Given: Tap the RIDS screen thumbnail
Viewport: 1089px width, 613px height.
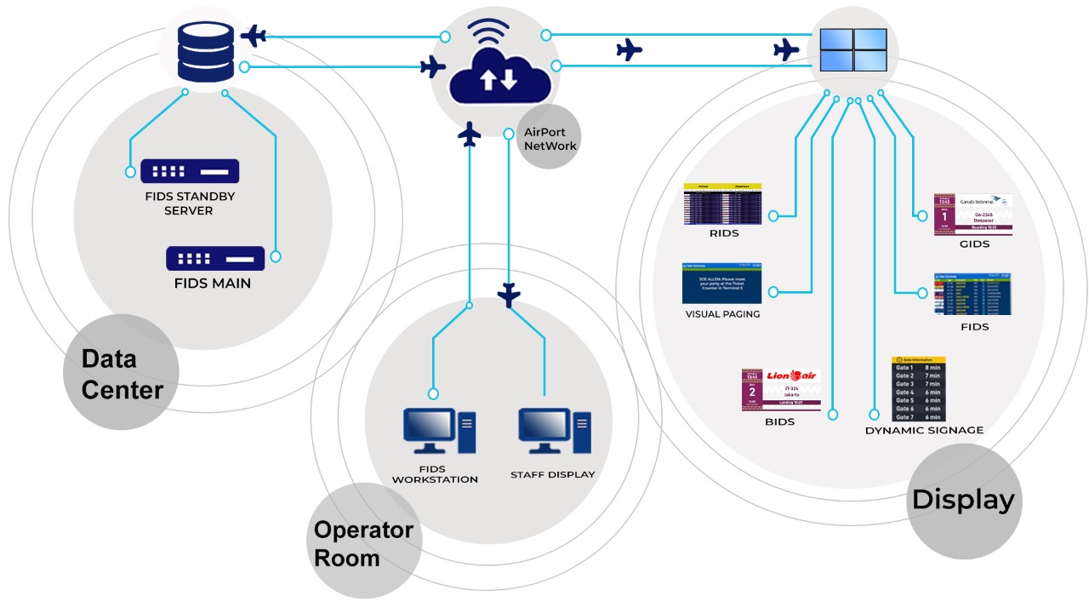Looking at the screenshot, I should pos(722,204).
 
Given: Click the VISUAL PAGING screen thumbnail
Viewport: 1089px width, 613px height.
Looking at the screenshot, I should pos(722,284).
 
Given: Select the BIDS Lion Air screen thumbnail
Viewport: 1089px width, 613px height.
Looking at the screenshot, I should pos(781,390).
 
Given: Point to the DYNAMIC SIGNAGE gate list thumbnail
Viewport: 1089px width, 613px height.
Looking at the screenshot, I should pos(918,389).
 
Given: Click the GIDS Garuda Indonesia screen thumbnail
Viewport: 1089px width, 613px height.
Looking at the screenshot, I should pos(972,214).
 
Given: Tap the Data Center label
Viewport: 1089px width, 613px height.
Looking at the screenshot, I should pos(122,374).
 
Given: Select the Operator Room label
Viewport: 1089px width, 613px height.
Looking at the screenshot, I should pos(363,543).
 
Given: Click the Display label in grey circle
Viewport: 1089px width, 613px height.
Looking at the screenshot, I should pos(963,500).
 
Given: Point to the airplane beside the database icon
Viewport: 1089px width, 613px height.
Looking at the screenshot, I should pos(254,36).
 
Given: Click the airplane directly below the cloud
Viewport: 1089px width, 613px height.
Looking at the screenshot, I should pos(470,135).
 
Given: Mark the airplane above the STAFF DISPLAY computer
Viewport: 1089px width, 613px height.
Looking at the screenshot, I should pos(509,295).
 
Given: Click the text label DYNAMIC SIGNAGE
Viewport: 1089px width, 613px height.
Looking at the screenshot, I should pos(924,431).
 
